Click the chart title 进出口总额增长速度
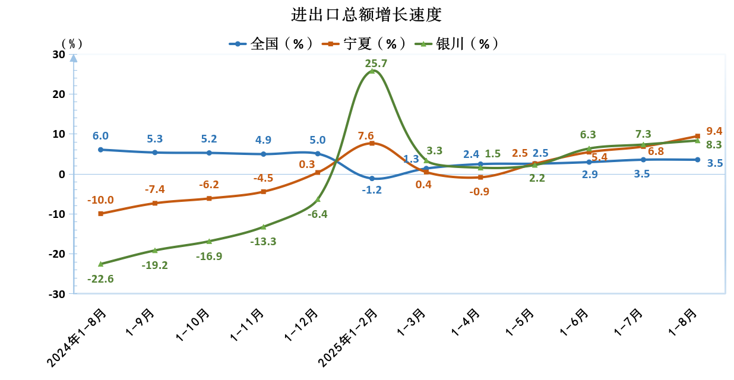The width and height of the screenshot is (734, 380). coord(366,14)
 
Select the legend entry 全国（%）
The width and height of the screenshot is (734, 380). coord(272,44)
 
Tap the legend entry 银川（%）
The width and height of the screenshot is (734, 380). coord(457,44)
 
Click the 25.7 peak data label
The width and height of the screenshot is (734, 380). coord(376,63)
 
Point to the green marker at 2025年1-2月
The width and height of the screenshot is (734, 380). coord(372,71)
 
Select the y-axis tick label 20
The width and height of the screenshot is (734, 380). coord(58,94)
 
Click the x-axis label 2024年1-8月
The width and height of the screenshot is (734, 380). coord(79,337)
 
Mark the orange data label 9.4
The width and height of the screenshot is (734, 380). coord(714,131)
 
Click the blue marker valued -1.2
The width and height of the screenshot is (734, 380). coord(372,179)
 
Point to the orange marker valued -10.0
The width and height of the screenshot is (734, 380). coord(100,214)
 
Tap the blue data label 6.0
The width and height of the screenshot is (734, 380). coord(100,136)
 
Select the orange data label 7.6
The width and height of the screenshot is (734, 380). coord(366,135)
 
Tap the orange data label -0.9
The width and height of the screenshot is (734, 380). coord(479,192)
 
